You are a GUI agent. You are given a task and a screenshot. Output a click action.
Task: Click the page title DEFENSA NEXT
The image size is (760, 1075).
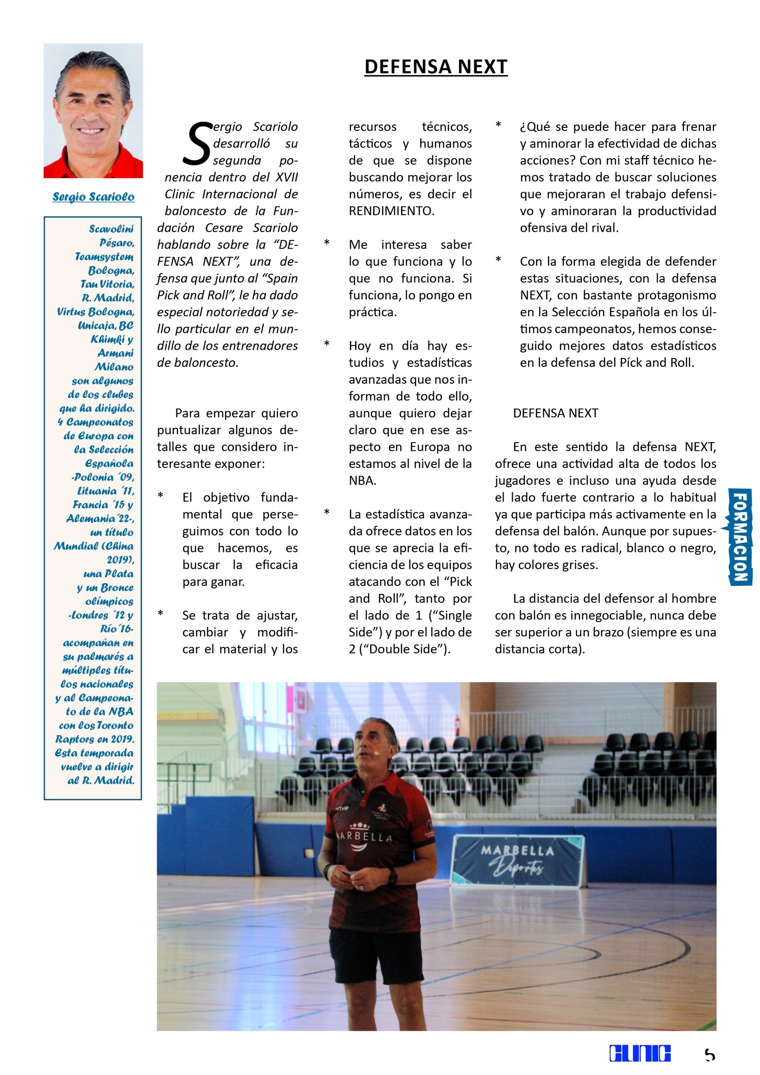tap(436, 67)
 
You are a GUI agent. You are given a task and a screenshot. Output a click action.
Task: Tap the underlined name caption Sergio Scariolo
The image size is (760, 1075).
tap(93, 197)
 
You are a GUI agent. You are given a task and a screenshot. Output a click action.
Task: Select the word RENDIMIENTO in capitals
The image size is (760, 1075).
tap(391, 211)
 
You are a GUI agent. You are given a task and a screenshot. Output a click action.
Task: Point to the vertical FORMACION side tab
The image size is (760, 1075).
tap(740, 536)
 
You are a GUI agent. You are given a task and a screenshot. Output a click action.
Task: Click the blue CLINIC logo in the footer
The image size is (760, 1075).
tap(640, 1053)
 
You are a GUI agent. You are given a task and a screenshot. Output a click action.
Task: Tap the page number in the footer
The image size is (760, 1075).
tap(709, 1054)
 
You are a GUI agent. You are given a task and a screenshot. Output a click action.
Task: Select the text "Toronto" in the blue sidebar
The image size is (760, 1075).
tap(115, 725)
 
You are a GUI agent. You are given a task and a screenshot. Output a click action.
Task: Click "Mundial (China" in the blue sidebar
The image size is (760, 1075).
tap(94, 546)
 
